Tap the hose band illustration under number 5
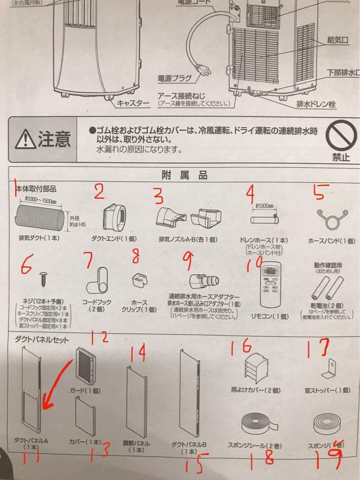point(332,216)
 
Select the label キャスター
point(133,103)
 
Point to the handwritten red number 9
point(188,261)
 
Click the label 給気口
point(337,40)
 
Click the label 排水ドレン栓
point(316,105)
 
